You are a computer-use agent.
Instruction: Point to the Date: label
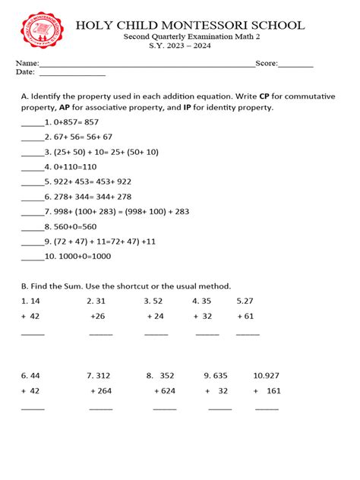coord(26,72)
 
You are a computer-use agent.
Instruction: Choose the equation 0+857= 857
coord(72,122)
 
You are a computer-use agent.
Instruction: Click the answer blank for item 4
coord(32,167)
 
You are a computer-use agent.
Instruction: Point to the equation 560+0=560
coord(74,226)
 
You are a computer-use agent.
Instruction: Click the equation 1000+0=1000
coord(78,256)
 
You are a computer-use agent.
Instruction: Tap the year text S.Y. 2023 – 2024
coord(179,46)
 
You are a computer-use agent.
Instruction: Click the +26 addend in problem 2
coord(97,316)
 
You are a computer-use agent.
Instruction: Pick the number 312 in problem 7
coord(103,375)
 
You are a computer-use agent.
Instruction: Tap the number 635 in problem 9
coord(220,375)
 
